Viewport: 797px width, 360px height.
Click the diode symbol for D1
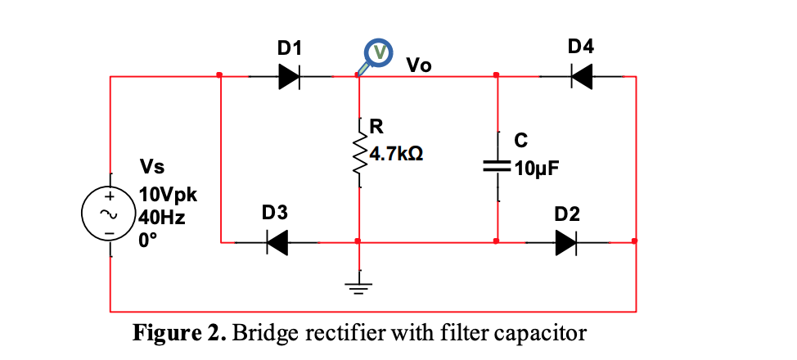point(290,76)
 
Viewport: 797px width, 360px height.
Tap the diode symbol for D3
point(276,242)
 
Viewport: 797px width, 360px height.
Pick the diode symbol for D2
point(567,242)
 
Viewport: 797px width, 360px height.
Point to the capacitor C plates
point(497,166)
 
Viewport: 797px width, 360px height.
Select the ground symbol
point(359,286)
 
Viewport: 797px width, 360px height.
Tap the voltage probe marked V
point(379,53)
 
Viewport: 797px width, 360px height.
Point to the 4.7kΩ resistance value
point(396,153)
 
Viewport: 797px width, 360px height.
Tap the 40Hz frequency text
point(160,218)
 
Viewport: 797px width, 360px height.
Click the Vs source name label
point(152,168)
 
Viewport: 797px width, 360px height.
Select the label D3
point(274,214)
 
